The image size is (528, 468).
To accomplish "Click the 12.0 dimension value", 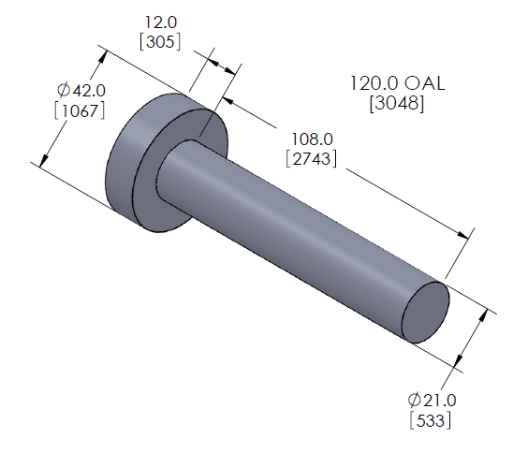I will [x=160, y=21].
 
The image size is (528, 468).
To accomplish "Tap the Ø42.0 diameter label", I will [x=81, y=90].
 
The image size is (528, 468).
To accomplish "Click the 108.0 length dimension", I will [x=309, y=138].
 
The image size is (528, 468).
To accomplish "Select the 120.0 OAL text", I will [x=398, y=84].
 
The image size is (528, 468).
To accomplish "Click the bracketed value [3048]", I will [x=398, y=104].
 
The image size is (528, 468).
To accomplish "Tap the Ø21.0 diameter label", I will [x=432, y=401].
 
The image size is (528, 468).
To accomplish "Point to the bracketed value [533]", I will [x=432, y=420].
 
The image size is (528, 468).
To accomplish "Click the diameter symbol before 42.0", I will [x=63, y=90].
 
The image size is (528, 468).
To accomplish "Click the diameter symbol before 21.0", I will [x=414, y=401].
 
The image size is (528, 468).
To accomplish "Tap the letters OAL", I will [x=422, y=84].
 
